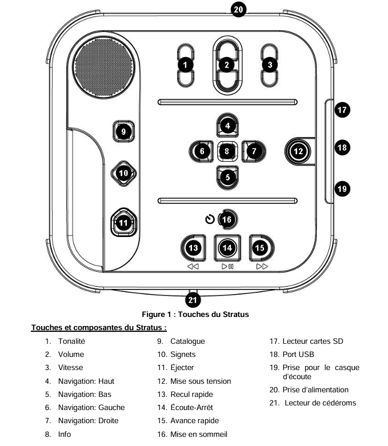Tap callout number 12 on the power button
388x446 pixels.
pyautogui.click(x=298, y=151)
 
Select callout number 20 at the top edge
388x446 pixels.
pyautogui.click(x=238, y=9)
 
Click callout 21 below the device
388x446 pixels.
pyautogui.click(x=193, y=300)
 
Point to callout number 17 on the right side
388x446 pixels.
pyautogui.click(x=342, y=110)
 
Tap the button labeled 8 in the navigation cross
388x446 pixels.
pyautogui.click(x=227, y=151)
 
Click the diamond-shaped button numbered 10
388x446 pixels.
pyautogui.click(x=123, y=173)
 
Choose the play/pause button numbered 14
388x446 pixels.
pyautogui.click(x=227, y=248)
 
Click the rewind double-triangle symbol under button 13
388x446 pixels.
pyautogui.click(x=193, y=267)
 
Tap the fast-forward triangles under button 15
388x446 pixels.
pyautogui.click(x=262, y=267)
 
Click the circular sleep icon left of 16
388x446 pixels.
pyautogui.click(x=210, y=219)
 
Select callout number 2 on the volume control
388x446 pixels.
pyautogui.click(x=227, y=65)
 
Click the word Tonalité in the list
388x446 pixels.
pyautogui.click(x=71, y=341)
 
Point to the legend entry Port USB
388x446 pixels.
pyautogui.click(x=298, y=354)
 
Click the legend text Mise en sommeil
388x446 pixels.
pyautogui.click(x=199, y=434)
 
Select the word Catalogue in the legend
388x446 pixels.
pyautogui.click(x=187, y=341)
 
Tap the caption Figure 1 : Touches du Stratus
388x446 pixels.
pyautogui.click(x=195, y=314)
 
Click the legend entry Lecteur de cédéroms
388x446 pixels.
pyautogui.click(x=320, y=403)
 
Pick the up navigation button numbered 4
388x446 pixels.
pyautogui.click(x=227, y=126)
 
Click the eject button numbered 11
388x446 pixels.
pyautogui.click(x=123, y=223)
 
